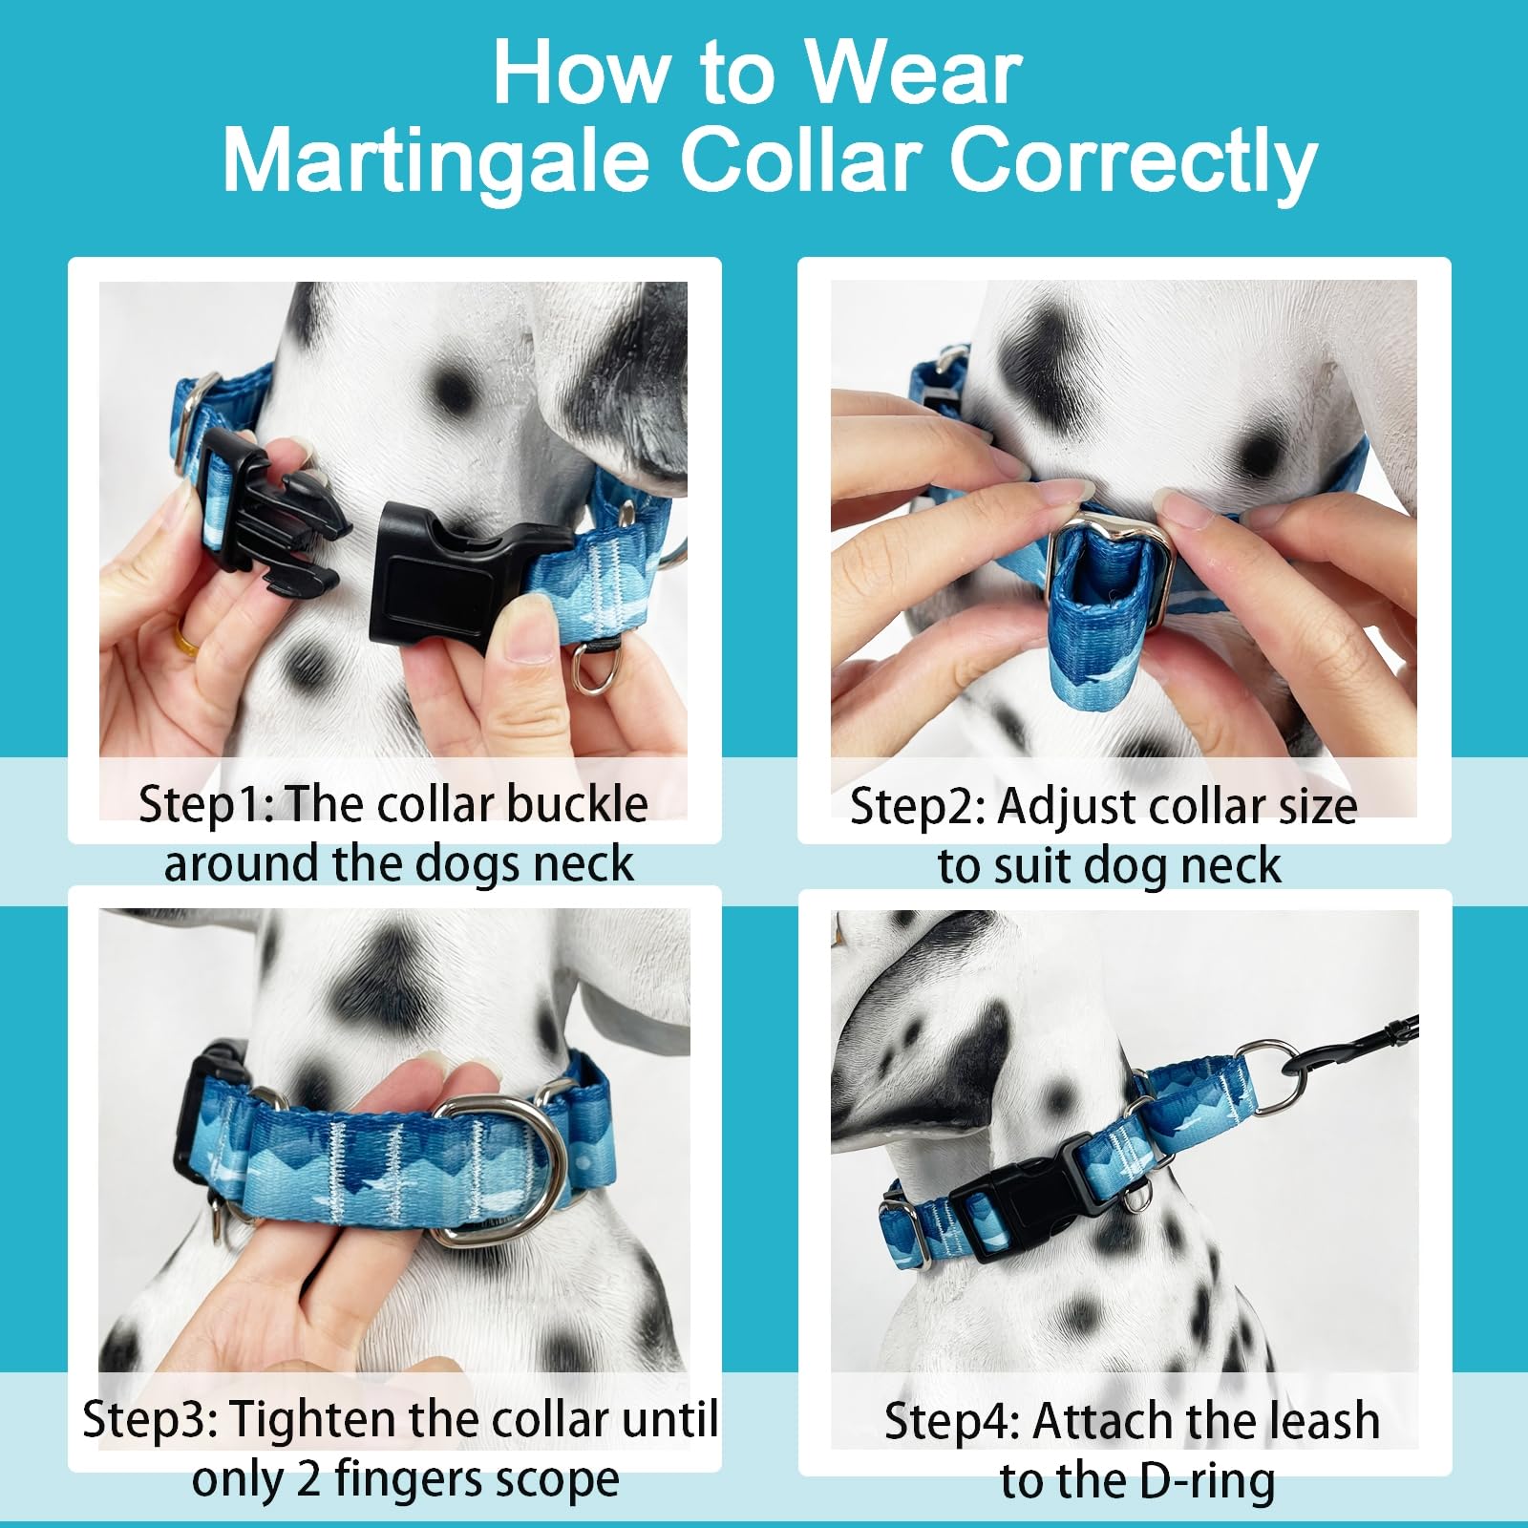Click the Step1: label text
(x=205, y=804)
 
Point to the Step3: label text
(x=150, y=1420)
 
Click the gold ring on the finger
(x=185, y=638)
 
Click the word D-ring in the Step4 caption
(x=1207, y=1481)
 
